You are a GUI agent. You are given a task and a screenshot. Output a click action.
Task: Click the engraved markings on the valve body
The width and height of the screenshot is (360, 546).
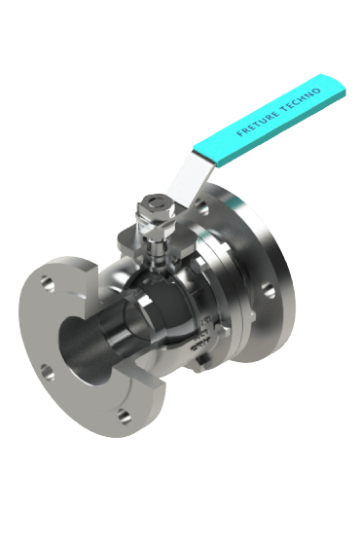click(x=200, y=340)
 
